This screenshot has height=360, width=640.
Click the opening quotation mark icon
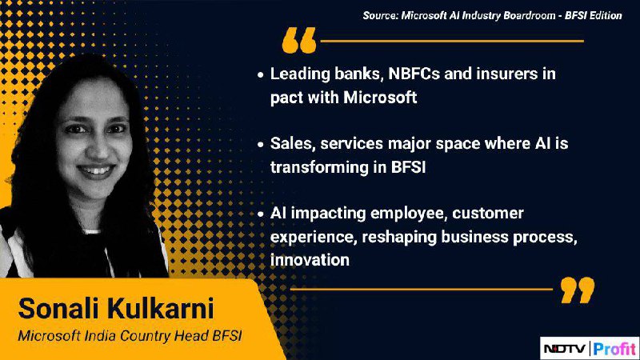(x=299, y=40)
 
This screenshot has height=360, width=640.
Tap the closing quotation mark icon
(x=578, y=290)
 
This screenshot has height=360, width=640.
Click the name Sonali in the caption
(x=58, y=308)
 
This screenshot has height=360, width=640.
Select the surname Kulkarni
(x=161, y=308)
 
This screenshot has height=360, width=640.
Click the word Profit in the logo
(x=614, y=349)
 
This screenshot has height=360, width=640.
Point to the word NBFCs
(x=414, y=74)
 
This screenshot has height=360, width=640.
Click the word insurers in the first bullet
(x=505, y=74)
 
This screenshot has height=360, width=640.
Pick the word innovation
(x=310, y=260)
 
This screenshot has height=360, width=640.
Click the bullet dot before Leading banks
(x=261, y=75)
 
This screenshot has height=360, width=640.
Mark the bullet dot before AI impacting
(x=261, y=214)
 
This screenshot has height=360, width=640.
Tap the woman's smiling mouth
(x=96, y=170)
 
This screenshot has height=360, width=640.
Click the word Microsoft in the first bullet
(x=380, y=98)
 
